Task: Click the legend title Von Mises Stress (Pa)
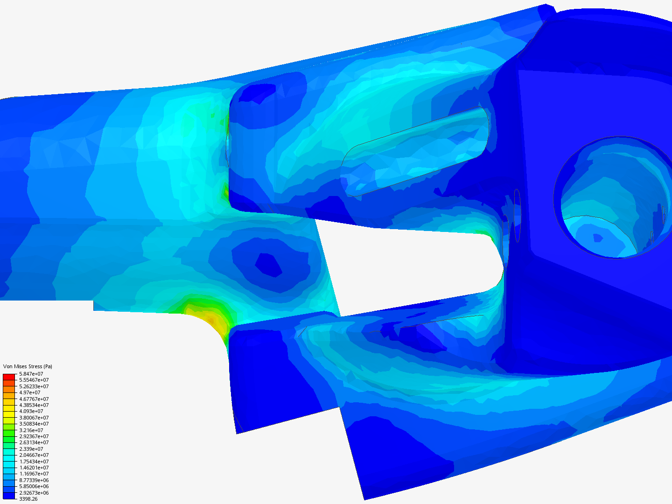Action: pos(28,366)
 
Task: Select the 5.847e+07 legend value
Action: pos(31,374)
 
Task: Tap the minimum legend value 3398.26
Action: pos(28,499)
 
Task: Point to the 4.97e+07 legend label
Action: pos(30,392)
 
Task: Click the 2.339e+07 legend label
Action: pos(31,449)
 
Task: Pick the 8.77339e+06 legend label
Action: pos(34,480)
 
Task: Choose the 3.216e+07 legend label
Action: pos(31,430)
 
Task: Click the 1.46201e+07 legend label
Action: pos(34,468)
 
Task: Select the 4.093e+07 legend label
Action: pos(31,411)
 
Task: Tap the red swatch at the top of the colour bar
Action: pos(9,377)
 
